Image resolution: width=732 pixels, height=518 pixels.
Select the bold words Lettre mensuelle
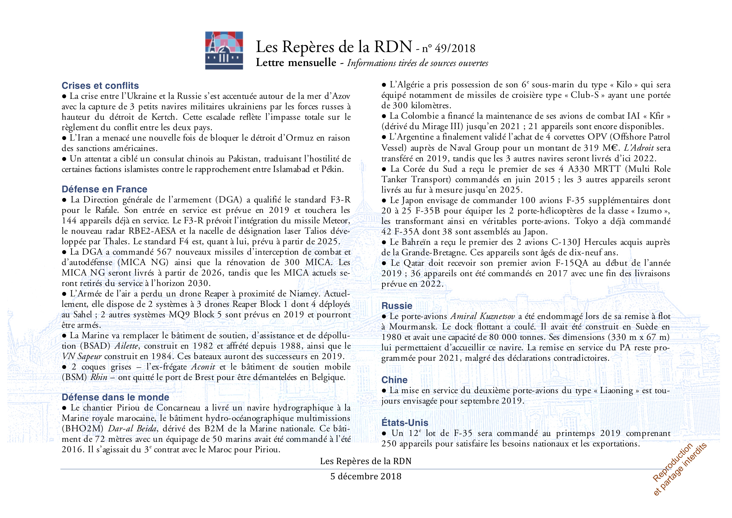click(296, 62)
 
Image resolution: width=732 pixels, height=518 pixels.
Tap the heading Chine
click(394, 380)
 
